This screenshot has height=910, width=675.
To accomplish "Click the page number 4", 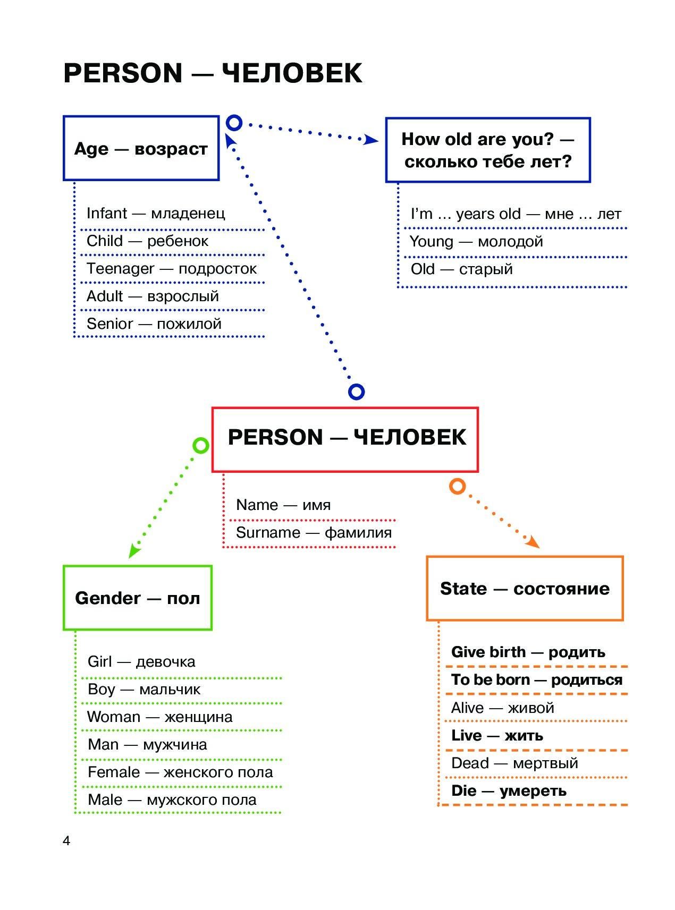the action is point(66,840).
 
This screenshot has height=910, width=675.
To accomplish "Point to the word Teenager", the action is point(121,269).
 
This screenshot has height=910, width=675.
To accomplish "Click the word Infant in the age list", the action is point(107,213).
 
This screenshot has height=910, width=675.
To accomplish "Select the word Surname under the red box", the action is point(268,532).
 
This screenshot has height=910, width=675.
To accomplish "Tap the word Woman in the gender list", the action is point(114,717).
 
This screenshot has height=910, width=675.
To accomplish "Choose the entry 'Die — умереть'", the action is point(509,790).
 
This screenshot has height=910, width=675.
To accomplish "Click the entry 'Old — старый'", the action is point(461,269).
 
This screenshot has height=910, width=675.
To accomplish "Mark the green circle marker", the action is point(200,445).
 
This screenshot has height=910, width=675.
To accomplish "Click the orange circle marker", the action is point(457,486).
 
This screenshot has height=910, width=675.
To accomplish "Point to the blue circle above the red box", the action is point(356,392).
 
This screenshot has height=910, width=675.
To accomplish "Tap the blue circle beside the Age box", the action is point(234,123).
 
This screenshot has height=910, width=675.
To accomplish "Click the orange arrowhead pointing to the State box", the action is point(533,542).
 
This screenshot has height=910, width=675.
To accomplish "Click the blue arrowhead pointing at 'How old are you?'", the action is point(371,140).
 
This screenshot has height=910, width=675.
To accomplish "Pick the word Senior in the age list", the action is point(110,324).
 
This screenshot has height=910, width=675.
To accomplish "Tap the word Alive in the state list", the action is point(467,708).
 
